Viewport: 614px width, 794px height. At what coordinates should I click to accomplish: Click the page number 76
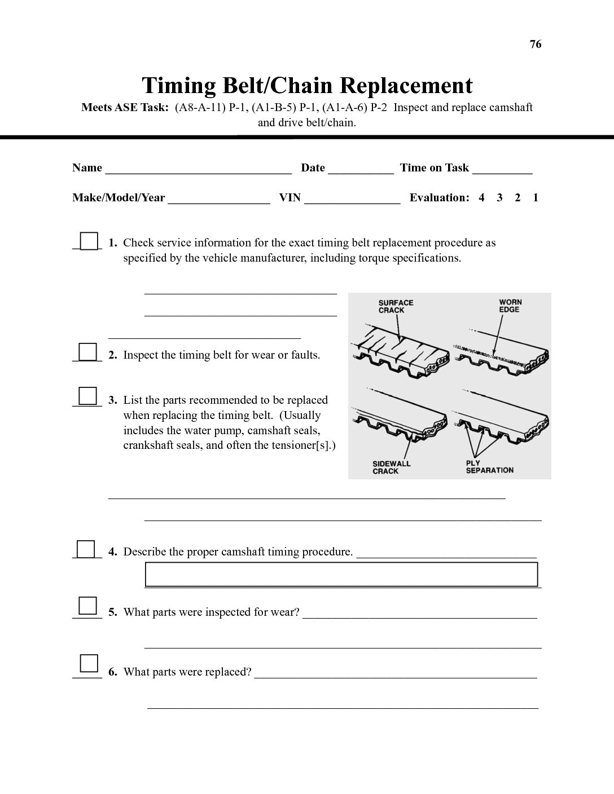click(536, 45)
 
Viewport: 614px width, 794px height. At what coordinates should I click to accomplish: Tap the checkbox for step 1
click(89, 241)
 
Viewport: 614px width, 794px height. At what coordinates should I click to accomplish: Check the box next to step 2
click(87, 352)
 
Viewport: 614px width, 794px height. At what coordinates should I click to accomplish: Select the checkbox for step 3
click(87, 396)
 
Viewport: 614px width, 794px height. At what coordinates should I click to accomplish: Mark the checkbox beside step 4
click(86, 549)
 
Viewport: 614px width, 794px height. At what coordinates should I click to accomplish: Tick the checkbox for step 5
click(87, 606)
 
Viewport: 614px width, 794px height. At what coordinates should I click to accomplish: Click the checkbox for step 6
click(89, 664)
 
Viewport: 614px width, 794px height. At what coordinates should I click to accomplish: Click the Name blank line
click(198, 169)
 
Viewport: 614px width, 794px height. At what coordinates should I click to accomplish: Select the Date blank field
click(361, 169)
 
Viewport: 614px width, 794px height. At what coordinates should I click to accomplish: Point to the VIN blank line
click(352, 198)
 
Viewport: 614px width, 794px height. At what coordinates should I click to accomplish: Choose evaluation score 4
click(481, 198)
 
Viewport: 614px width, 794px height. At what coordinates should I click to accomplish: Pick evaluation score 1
click(536, 198)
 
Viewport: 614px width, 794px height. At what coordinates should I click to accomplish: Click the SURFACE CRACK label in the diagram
click(396, 306)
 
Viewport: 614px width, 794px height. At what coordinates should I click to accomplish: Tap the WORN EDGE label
click(510, 306)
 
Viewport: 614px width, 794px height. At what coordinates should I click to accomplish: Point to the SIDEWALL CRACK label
click(391, 467)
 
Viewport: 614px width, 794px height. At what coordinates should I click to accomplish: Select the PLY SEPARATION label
click(489, 467)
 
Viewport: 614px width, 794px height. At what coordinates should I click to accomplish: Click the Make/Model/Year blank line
click(219, 198)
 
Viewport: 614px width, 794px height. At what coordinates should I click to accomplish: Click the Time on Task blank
click(502, 169)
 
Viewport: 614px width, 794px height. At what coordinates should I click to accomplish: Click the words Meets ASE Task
click(125, 108)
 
